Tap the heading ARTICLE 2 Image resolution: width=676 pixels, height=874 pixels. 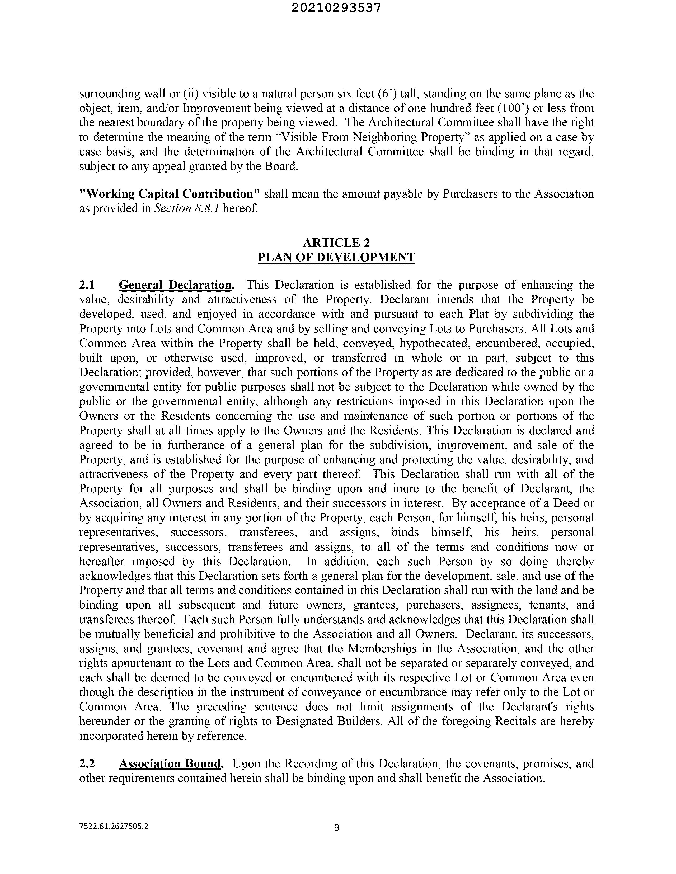pos(336,243)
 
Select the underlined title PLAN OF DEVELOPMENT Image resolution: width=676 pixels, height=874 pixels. pos(336,257)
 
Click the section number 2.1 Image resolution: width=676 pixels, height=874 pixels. pos(87,285)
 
